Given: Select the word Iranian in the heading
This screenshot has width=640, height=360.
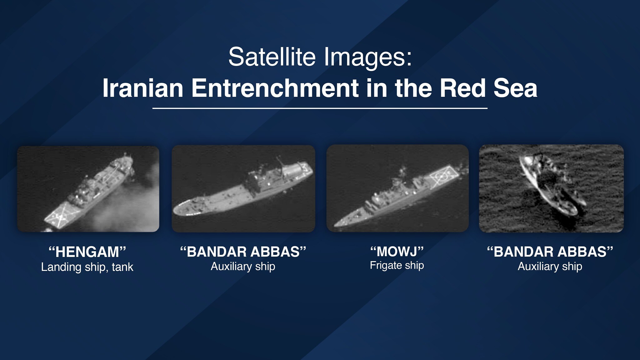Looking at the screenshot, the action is pyautogui.click(x=143, y=88).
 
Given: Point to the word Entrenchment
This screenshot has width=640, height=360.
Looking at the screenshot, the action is pyautogui.click(x=275, y=88).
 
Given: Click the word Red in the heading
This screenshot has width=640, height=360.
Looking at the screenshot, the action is pyautogui.click(x=463, y=88).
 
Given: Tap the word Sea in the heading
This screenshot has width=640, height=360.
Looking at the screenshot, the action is pyautogui.click(x=516, y=88).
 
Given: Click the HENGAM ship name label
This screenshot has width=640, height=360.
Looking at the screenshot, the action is pyautogui.click(x=87, y=252).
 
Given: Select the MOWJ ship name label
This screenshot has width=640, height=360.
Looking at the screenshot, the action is pyautogui.click(x=397, y=252).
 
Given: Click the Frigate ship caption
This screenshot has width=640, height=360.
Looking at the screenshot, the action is pyautogui.click(x=397, y=265).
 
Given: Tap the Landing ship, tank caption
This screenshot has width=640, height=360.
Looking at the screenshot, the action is pyautogui.click(x=87, y=267).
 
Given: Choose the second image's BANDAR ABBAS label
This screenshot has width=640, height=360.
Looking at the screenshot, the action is pyautogui.click(x=243, y=252).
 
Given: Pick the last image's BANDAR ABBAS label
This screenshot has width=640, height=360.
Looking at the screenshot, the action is pyautogui.click(x=550, y=252).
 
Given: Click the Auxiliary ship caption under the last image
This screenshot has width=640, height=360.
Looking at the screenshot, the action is pyautogui.click(x=550, y=266).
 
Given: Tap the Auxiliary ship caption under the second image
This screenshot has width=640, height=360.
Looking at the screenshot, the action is pyautogui.click(x=243, y=266).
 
